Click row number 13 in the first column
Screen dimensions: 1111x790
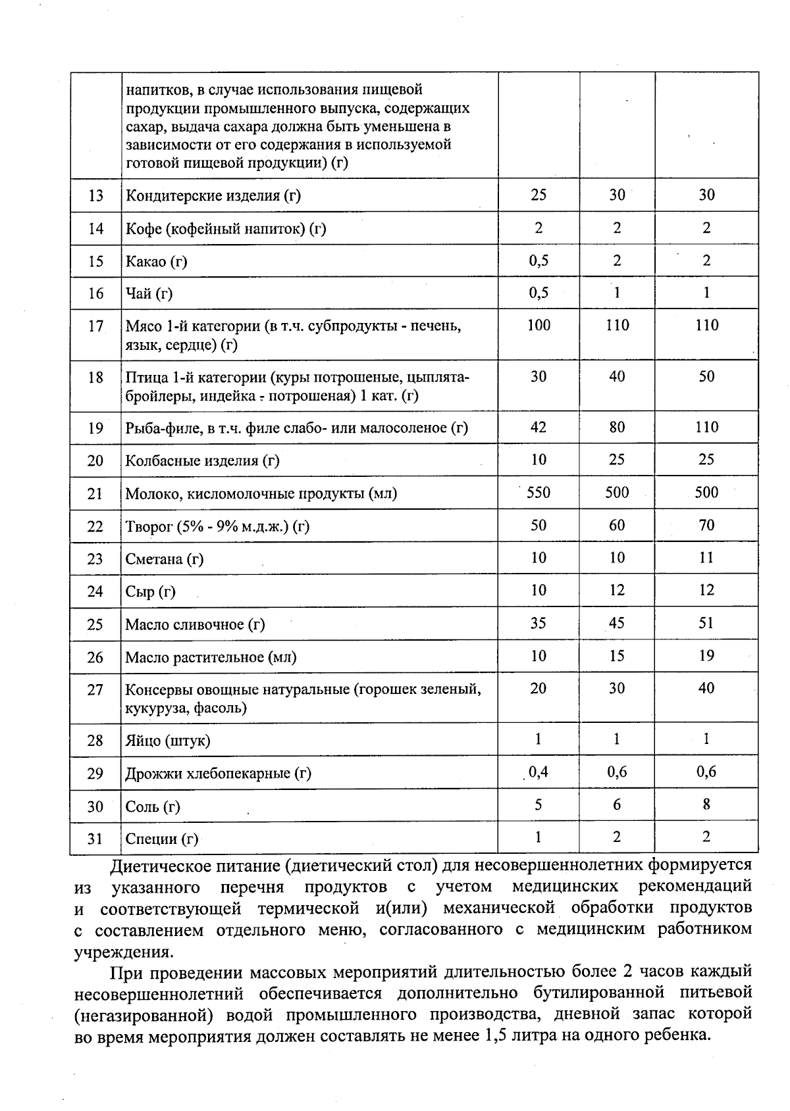(95, 195)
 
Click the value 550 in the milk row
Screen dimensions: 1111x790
(538, 493)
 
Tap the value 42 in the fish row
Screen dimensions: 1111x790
(538, 428)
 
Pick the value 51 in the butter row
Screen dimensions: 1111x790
(706, 623)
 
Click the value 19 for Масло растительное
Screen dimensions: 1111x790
(706, 656)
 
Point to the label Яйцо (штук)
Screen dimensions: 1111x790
(168, 741)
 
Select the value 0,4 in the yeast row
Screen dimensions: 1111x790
(538, 772)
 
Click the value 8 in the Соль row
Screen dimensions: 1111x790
(706, 804)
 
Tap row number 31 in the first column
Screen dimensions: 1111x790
(95, 839)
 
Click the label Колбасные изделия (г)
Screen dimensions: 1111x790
(203, 460)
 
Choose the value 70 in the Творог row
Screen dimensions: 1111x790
(706, 525)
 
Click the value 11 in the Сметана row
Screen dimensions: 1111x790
(706, 558)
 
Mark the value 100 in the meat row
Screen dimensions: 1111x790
(538, 325)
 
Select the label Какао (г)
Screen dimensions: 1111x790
(157, 261)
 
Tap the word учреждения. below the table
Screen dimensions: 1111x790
(124, 952)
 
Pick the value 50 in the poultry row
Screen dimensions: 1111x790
(706, 377)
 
